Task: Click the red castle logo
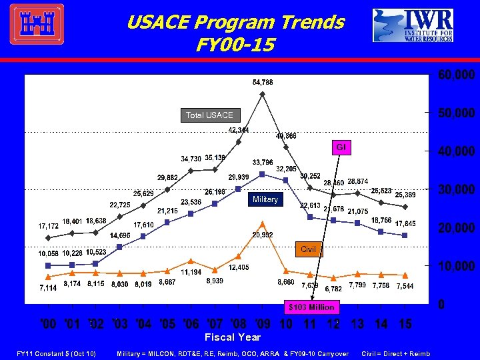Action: [x=37, y=24]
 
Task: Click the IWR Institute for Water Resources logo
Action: [x=413, y=25]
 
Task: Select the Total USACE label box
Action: [x=209, y=115]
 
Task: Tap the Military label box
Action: [x=264, y=199]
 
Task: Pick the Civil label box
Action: [x=308, y=249]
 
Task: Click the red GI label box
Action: [x=340, y=147]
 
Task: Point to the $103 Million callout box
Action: [x=311, y=307]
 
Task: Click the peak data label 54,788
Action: [x=262, y=82]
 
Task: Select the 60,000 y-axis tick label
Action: [x=456, y=75]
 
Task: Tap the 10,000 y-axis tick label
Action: [x=456, y=267]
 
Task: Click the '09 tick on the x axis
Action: [x=262, y=324]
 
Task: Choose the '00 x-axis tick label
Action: [x=48, y=324]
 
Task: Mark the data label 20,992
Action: [x=263, y=234]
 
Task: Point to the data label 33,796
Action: [x=262, y=162]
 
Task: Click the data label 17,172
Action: [x=48, y=226]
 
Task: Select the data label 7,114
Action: [x=47, y=288]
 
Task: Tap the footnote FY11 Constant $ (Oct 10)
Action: [x=57, y=353]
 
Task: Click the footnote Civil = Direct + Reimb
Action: [x=395, y=353]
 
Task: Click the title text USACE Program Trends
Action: [x=235, y=23]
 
